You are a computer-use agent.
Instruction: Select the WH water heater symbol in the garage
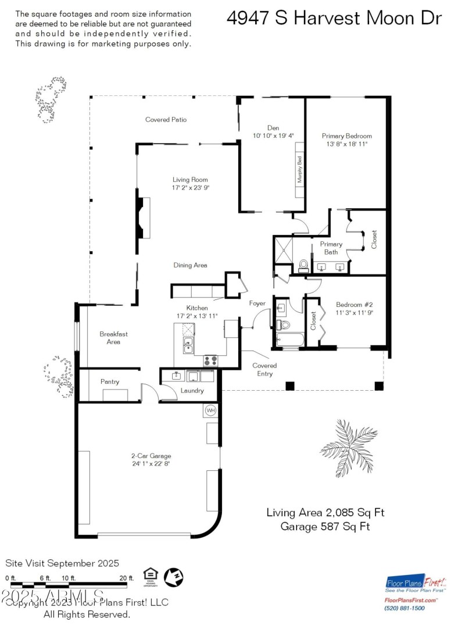click(x=210, y=411)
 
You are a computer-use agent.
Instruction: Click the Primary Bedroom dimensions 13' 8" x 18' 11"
click(x=346, y=144)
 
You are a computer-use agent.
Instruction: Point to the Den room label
click(x=273, y=127)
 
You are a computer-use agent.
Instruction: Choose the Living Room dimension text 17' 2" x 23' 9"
click(x=190, y=188)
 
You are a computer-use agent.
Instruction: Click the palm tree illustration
click(x=349, y=448)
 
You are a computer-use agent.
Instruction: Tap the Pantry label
click(x=110, y=382)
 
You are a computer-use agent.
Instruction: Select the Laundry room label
click(x=191, y=391)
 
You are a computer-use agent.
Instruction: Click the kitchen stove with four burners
click(x=210, y=360)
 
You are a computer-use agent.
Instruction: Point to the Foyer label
click(x=257, y=303)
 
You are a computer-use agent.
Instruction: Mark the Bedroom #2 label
click(x=354, y=304)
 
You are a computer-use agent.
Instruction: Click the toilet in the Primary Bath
click(x=303, y=266)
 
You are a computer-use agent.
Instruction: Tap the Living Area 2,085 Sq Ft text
click(x=325, y=513)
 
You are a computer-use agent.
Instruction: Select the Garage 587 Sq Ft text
click(x=325, y=527)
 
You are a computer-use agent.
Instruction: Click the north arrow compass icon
click(x=174, y=577)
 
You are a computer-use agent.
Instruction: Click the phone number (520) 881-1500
click(x=405, y=608)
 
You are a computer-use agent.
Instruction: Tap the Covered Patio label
click(x=166, y=120)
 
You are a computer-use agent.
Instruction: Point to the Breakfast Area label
click(x=113, y=338)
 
